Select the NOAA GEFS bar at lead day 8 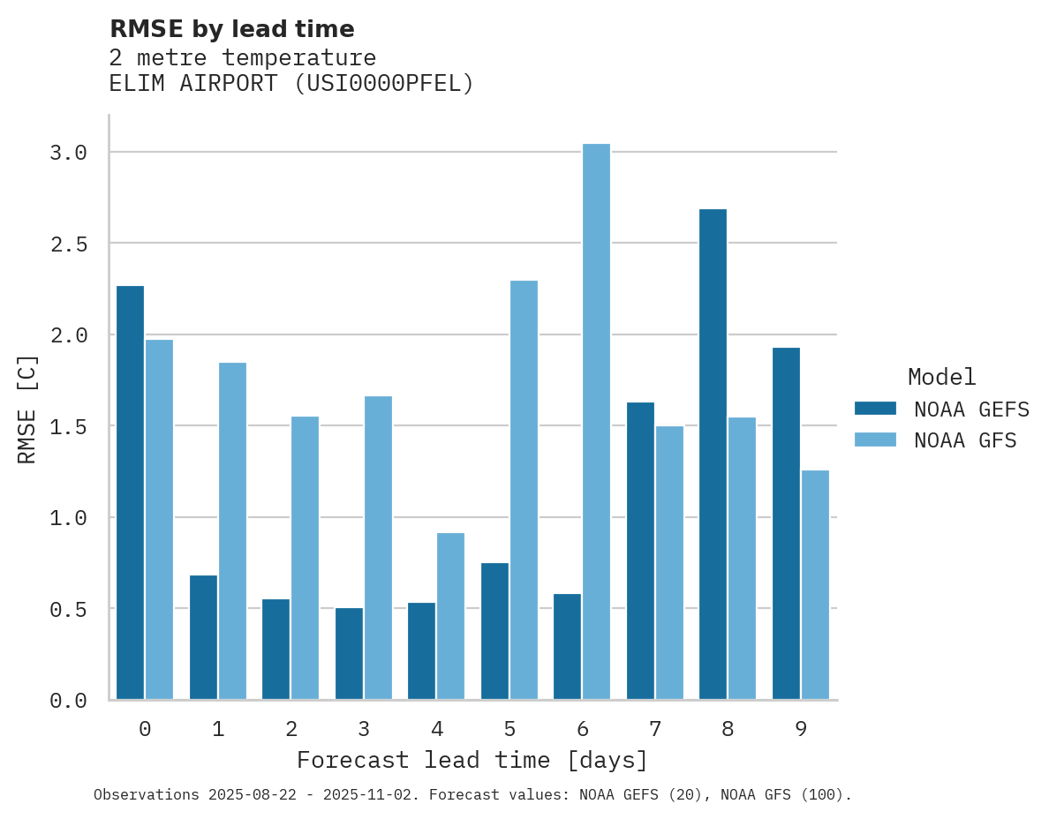point(713,455)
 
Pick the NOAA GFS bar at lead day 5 point(524,490)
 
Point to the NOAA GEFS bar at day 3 point(349,653)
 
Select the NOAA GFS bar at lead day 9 point(815,584)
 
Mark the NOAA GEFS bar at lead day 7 point(640,551)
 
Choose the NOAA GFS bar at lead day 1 point(232,530)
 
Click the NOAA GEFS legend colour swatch point(875,409)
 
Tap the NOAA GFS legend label point(965,440)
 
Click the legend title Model point(941,377)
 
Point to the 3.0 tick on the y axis point(68,153)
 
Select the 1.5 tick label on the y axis point(68,426)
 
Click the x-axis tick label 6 point(582,729)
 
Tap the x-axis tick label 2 point(291,729)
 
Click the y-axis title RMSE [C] point(27,409)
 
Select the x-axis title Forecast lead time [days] point(472,760)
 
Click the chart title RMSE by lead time point(231,29)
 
